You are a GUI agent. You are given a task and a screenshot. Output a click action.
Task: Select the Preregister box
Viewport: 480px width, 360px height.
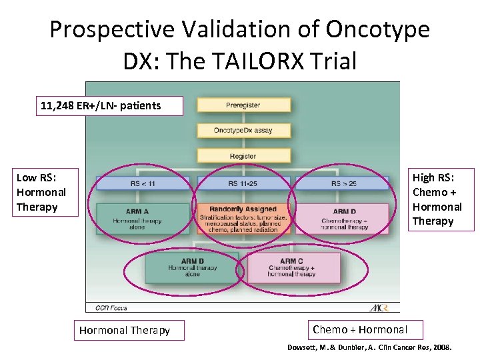click(x=243, y=105)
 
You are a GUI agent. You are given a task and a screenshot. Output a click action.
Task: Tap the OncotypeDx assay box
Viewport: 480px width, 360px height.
click(x=243, y=130)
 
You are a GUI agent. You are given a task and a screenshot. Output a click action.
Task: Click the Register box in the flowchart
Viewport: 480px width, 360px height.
click(x=243, y=155)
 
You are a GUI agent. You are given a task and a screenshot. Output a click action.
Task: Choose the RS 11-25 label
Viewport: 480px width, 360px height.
click(x=243, y=183)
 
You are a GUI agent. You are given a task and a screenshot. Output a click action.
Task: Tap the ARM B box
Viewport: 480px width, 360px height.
click(x=193, y=267)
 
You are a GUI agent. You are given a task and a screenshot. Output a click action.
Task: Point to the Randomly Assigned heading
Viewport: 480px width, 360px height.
click(x=243, y=209)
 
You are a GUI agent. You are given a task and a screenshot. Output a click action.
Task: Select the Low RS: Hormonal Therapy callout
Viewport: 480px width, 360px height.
click(x=41, y=192)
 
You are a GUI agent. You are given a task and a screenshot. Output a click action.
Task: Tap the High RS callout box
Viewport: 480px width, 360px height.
click(x=441, y=199)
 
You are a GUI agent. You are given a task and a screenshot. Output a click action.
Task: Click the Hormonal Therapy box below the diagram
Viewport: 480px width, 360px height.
click(x=125, y=330)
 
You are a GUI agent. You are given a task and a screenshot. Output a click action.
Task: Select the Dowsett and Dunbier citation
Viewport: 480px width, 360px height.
click(x=369, y=348)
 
